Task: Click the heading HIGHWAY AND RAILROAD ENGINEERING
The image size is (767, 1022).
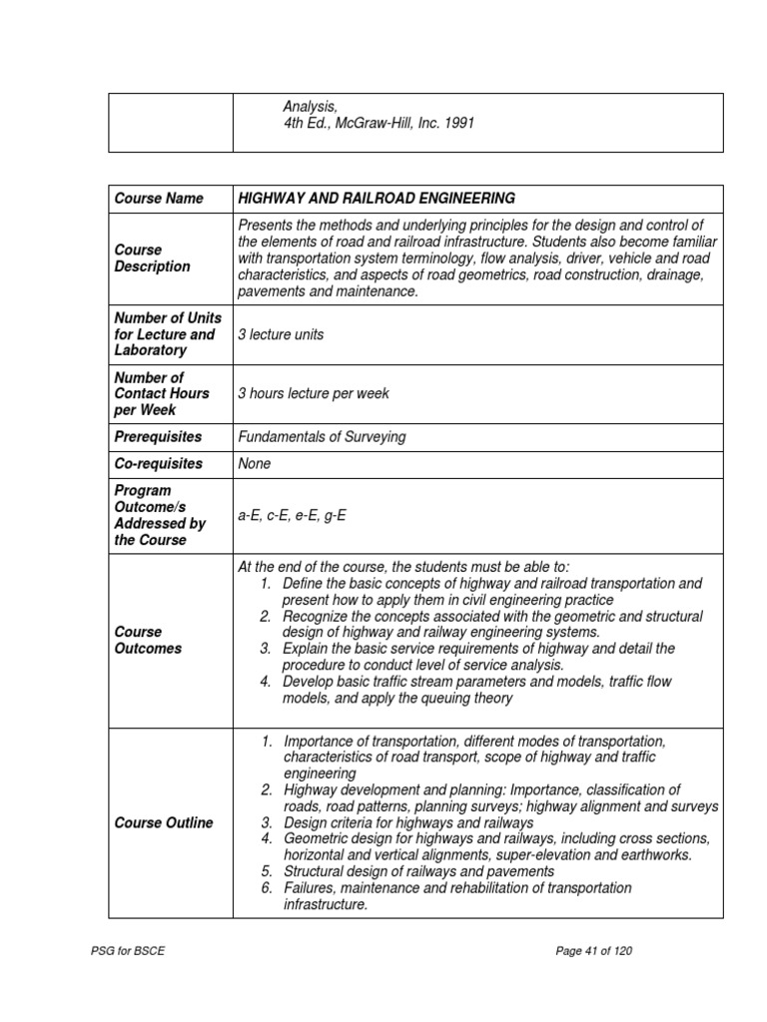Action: pos(377,199)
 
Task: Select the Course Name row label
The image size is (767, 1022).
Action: pos(158,199)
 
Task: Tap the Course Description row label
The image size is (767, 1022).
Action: pos(152,258)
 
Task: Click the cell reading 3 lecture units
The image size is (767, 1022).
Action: pos(281,335)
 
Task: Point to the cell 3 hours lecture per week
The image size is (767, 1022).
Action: pos(314,394)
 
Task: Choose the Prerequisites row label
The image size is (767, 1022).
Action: pos(158,437)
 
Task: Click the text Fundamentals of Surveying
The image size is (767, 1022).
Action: pos(322,437)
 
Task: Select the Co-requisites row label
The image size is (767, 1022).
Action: pos(158,464)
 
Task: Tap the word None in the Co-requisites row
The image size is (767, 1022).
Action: pos(255,464)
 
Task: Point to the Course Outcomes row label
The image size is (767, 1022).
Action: pos(148,640)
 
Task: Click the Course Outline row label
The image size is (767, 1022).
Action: pos(164,823)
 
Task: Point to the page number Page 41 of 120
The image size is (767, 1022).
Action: pos(593,951)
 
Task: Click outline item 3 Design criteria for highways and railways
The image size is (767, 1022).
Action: pos(408,823)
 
